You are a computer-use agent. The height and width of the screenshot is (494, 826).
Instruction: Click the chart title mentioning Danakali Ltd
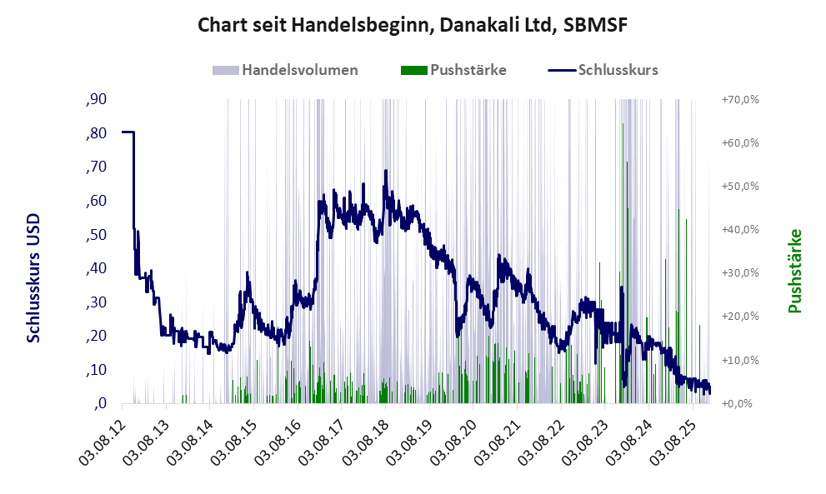point(412,26)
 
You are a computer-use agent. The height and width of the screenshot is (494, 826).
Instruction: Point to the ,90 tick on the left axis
point(96,99)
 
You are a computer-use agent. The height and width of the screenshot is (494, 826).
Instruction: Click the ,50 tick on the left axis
point(96,234)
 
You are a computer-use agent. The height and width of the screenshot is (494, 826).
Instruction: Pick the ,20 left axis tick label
point(96,336)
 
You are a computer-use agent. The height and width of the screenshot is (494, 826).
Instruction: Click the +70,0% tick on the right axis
point(739,99)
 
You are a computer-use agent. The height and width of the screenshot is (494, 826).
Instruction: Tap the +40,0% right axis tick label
point(739,230)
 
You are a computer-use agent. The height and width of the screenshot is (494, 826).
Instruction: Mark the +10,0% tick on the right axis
point(739,360)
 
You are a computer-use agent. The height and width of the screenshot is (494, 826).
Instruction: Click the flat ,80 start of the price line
point(128,132)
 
